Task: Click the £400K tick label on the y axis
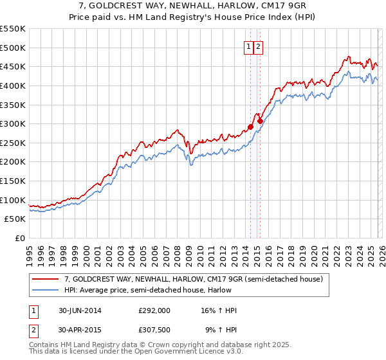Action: tap(13, 85)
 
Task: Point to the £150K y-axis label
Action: tap(13, 181)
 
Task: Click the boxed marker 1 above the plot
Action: tap(248, 46)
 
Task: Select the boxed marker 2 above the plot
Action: tap(258, 46)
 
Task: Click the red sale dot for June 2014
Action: tap(250, 127)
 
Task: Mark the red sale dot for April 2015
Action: tap(260, 121)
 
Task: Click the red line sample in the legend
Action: tap(46, 280)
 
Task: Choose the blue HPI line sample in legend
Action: tap(46, 290)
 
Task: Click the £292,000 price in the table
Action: tap(154, 310)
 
